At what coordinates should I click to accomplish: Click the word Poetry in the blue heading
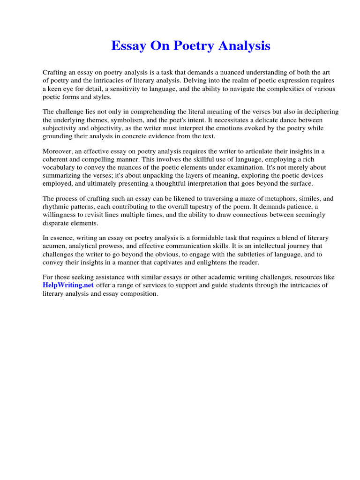click(192, 46)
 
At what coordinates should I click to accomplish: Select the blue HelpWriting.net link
click(68, 285)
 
